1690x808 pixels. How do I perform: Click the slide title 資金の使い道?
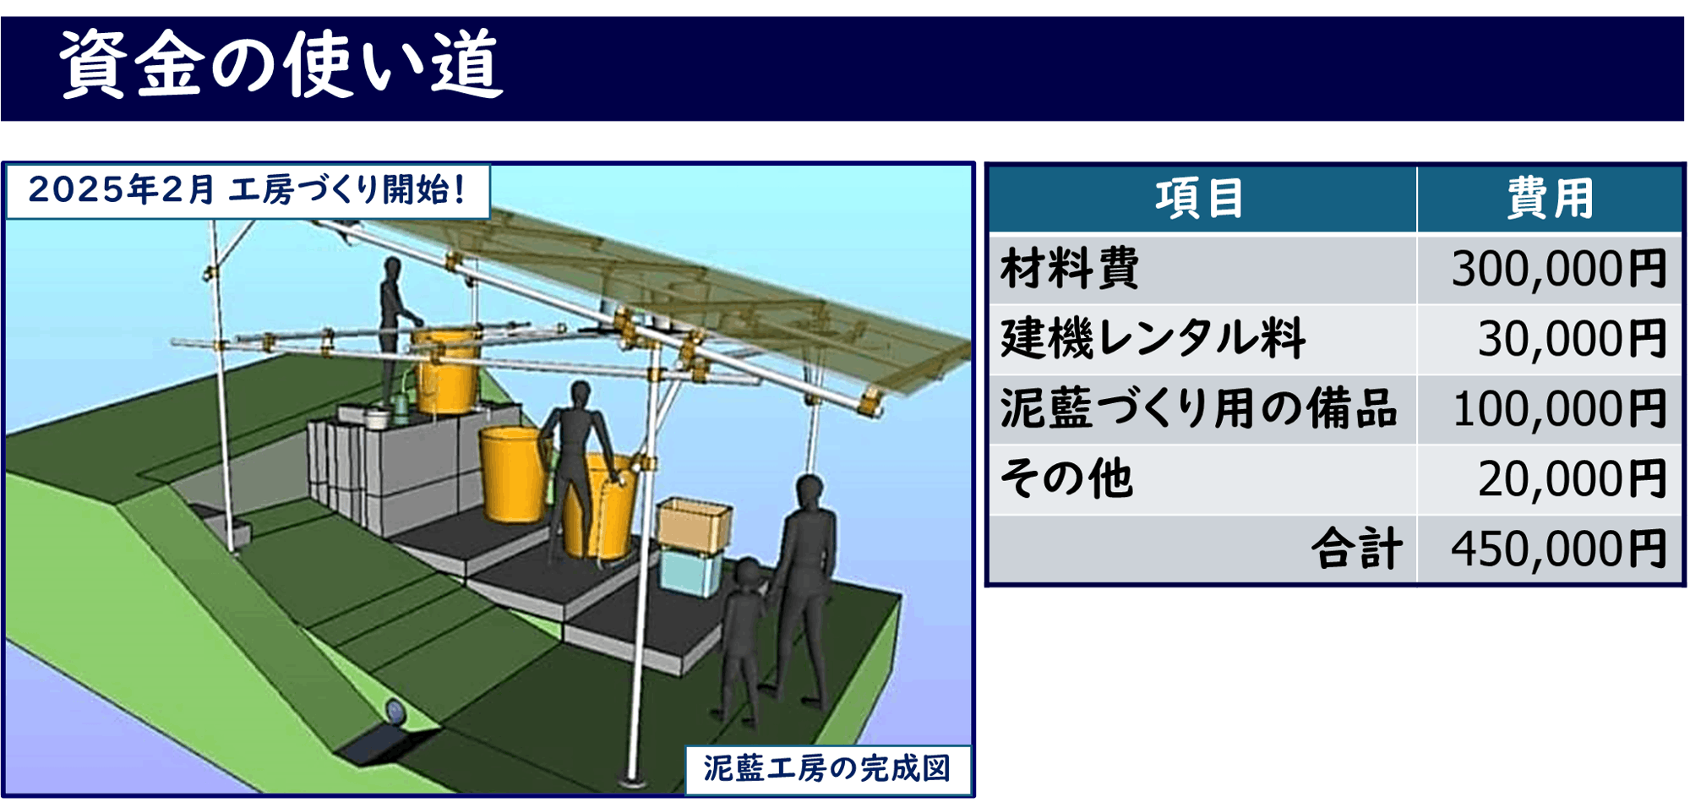[281, 65]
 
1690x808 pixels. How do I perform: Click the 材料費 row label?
[1070, 269]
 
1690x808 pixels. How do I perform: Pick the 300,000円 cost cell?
[1558, 269]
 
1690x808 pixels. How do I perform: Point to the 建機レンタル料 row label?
[1153, 339]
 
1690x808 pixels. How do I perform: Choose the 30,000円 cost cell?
[1572, 339]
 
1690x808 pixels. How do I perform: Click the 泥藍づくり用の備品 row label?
[1197, 409]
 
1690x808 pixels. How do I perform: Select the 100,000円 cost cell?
[1558, 409]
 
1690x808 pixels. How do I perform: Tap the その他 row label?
[1066, 479]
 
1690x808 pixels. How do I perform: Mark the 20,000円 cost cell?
[1572, 479]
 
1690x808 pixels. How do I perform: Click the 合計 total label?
[1357, 549]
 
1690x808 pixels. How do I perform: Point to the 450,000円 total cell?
[1558, 549]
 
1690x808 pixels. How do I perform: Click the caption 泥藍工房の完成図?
[827, 769]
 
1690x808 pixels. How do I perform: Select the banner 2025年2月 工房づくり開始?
[248, 190]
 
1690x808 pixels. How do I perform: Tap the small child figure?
[743, 638]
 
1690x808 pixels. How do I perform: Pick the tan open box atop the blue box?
[694, 524]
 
